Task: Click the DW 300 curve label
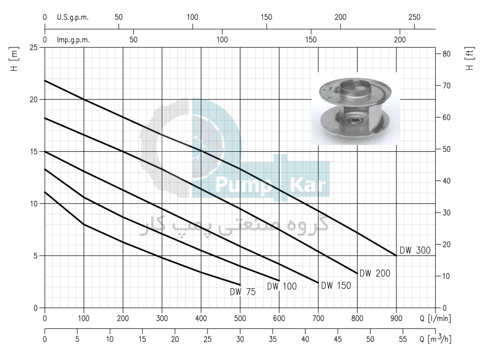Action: [x=415, y=250]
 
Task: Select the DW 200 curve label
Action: [x=375, y=273]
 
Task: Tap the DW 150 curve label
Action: [x=336, y=286]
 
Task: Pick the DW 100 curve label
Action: [x=282, y=286]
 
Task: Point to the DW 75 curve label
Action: [x=243, y=292]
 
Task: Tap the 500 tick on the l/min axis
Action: [x=240, y=318]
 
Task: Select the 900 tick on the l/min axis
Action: [x=397, y=318]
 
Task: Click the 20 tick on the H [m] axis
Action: [x=33, y=99]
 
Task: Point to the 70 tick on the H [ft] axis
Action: [x=446, y=86]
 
